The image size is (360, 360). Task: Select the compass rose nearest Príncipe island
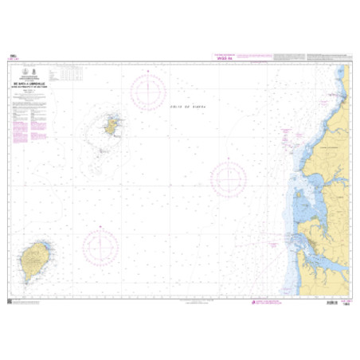[148, 92]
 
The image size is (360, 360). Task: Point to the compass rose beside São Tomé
[100, 247]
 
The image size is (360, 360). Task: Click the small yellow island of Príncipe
[112, 125]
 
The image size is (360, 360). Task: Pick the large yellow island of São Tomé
[34, 259]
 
